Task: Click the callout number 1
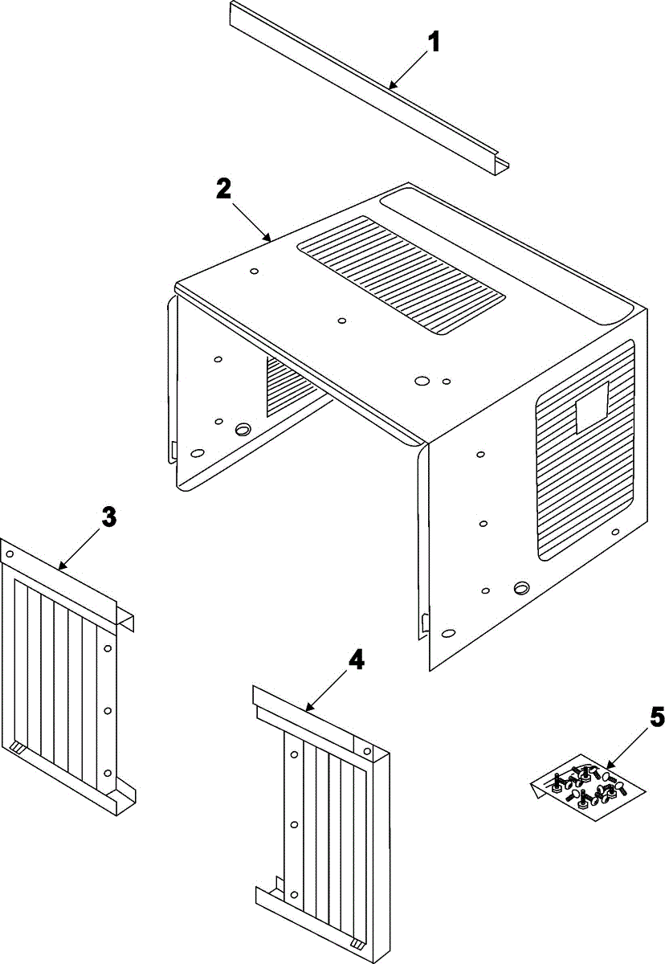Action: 433,42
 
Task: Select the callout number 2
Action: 223,190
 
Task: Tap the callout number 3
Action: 109,517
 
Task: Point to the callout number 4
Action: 356,660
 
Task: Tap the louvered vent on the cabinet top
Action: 401,276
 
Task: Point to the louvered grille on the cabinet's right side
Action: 585,450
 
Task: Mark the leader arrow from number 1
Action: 410,68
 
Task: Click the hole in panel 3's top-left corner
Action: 10,553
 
